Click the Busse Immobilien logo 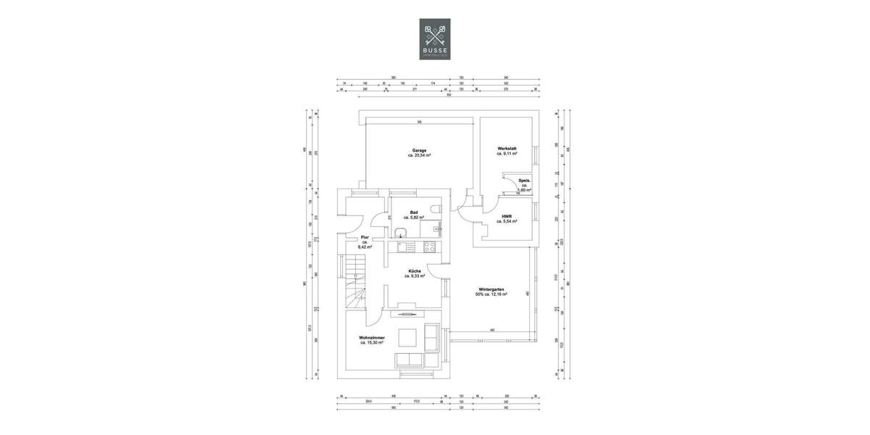[435, 38]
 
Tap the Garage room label [419, 150]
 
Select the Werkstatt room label [507, 148]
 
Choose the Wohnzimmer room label [371, 337]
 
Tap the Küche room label [414, 270]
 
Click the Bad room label [414, 212]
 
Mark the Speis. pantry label [523, 180]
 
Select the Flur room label [365, 237]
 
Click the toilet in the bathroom [435, 210]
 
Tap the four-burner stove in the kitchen [428, 246]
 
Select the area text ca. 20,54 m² [419, 155]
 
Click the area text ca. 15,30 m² [371, 342]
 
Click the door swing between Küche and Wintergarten [435, 272]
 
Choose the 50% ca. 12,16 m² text [491, 294]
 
